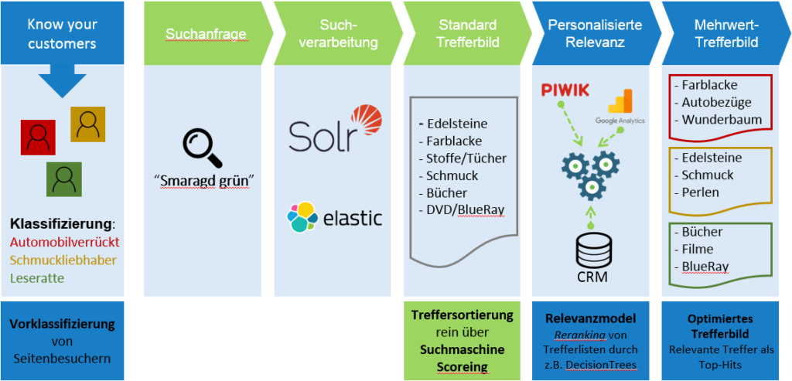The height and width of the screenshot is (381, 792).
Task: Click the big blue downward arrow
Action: (61, 82)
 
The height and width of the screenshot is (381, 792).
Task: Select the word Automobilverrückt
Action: (65, 243)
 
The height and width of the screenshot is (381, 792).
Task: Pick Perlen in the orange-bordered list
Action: (700, 192)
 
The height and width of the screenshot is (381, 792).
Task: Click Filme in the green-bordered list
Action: (698, 249)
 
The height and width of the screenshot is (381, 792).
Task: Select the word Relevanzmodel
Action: (591, 317)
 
